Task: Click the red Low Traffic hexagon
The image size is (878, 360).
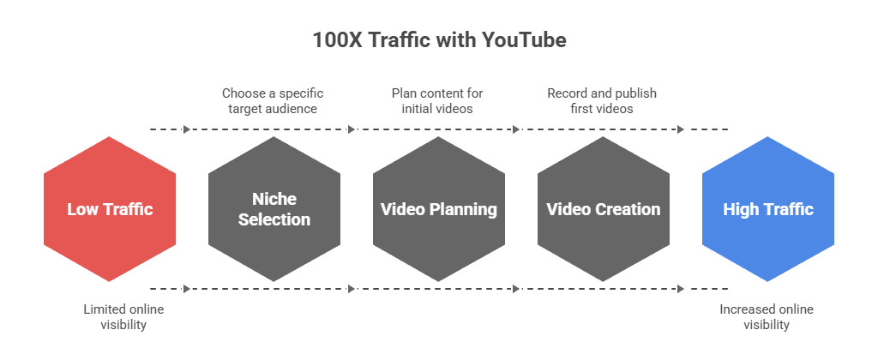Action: click(x=110, y=209)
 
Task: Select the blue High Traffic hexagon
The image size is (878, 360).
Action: click(x=768, y=209)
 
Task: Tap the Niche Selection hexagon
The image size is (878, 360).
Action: click(x=274, y=209)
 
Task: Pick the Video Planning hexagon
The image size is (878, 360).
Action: click(x=439, y=209)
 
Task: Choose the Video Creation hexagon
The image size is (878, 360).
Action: click(x=604, y=209)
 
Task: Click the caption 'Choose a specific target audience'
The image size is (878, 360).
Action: click(x=273, y=100)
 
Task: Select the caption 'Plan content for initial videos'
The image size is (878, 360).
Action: click(x=438, y=100)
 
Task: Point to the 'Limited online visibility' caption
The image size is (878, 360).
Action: click(x=123, y=317)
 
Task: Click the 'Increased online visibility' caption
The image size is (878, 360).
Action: click(x=767, y=317)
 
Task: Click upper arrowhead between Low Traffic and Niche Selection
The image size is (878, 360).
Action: click(x=187, y=129)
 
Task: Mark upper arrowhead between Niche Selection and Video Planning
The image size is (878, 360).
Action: click(x=352, y=129)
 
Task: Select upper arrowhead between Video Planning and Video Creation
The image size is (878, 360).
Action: click(x=516, y=129)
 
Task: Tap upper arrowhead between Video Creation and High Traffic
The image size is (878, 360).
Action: click(x=681, y=129)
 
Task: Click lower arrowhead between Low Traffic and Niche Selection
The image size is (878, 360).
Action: click(x=187, y=289)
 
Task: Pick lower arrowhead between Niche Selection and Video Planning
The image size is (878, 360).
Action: click(x=352, y=289)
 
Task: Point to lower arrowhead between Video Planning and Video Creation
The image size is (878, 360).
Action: click(x=516, y=289)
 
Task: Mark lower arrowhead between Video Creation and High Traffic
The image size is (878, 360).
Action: click(x=681, y=289)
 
